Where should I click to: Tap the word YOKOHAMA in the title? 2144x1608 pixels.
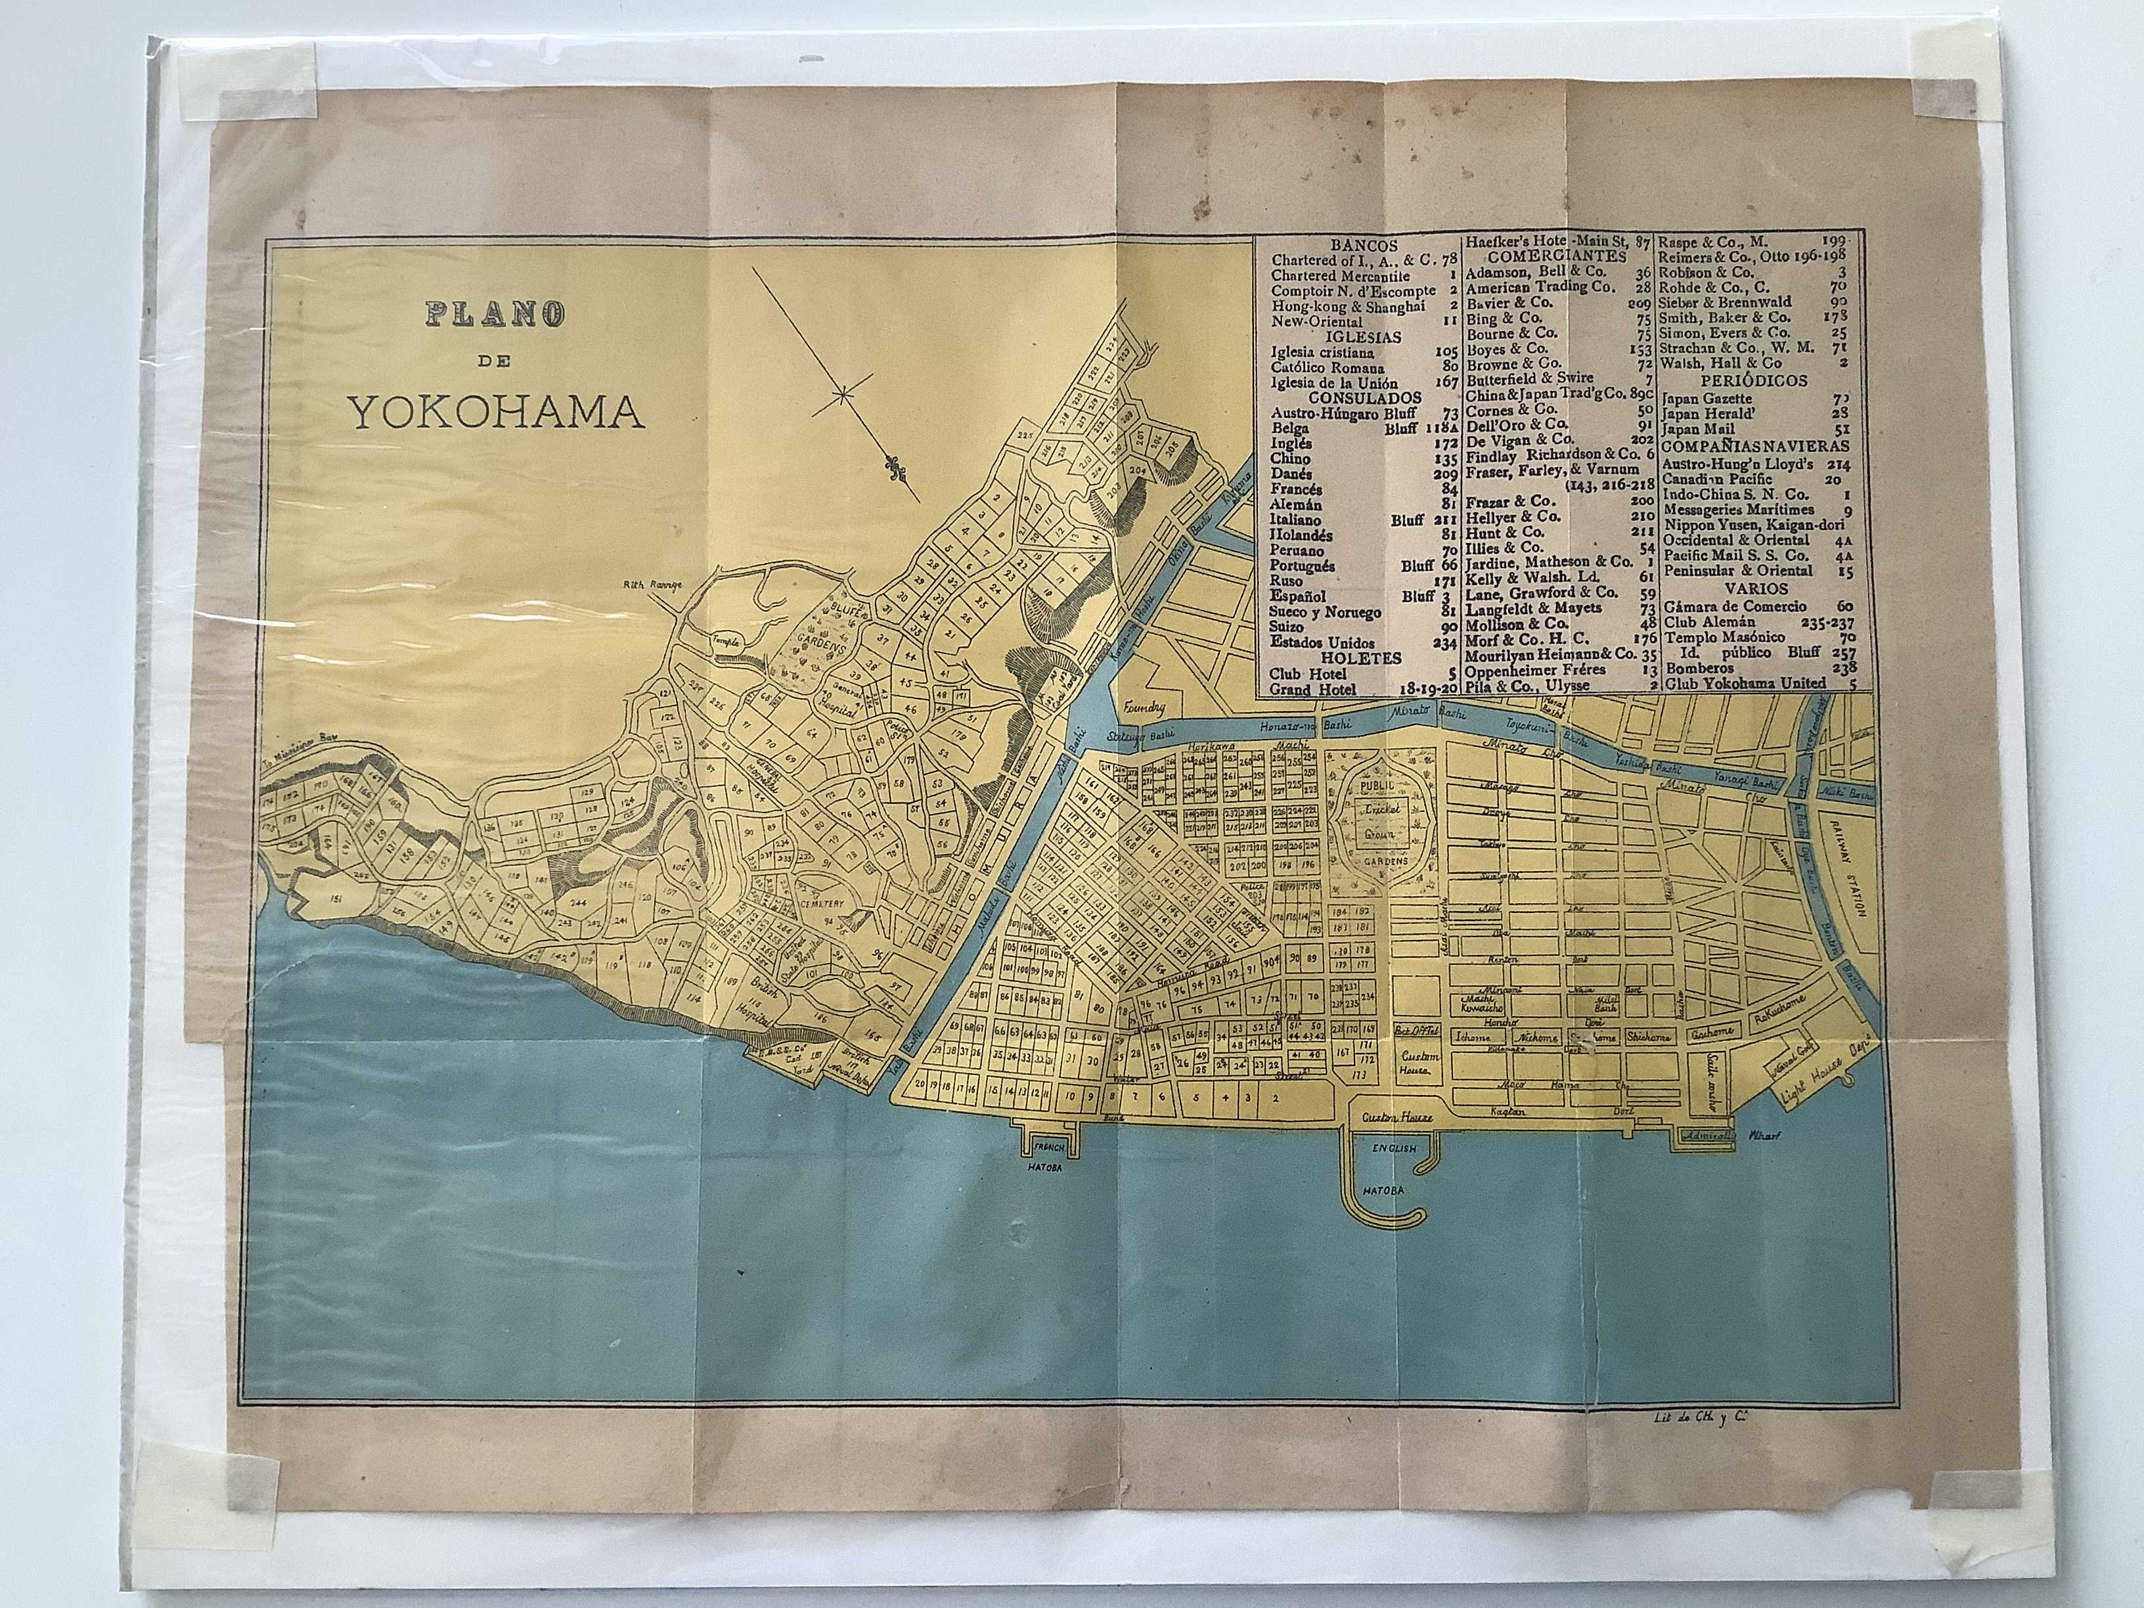click(495, 413)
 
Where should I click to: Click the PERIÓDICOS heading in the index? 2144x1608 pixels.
click(1754, 382)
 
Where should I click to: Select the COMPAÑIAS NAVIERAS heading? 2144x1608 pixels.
click(1754, 447)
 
